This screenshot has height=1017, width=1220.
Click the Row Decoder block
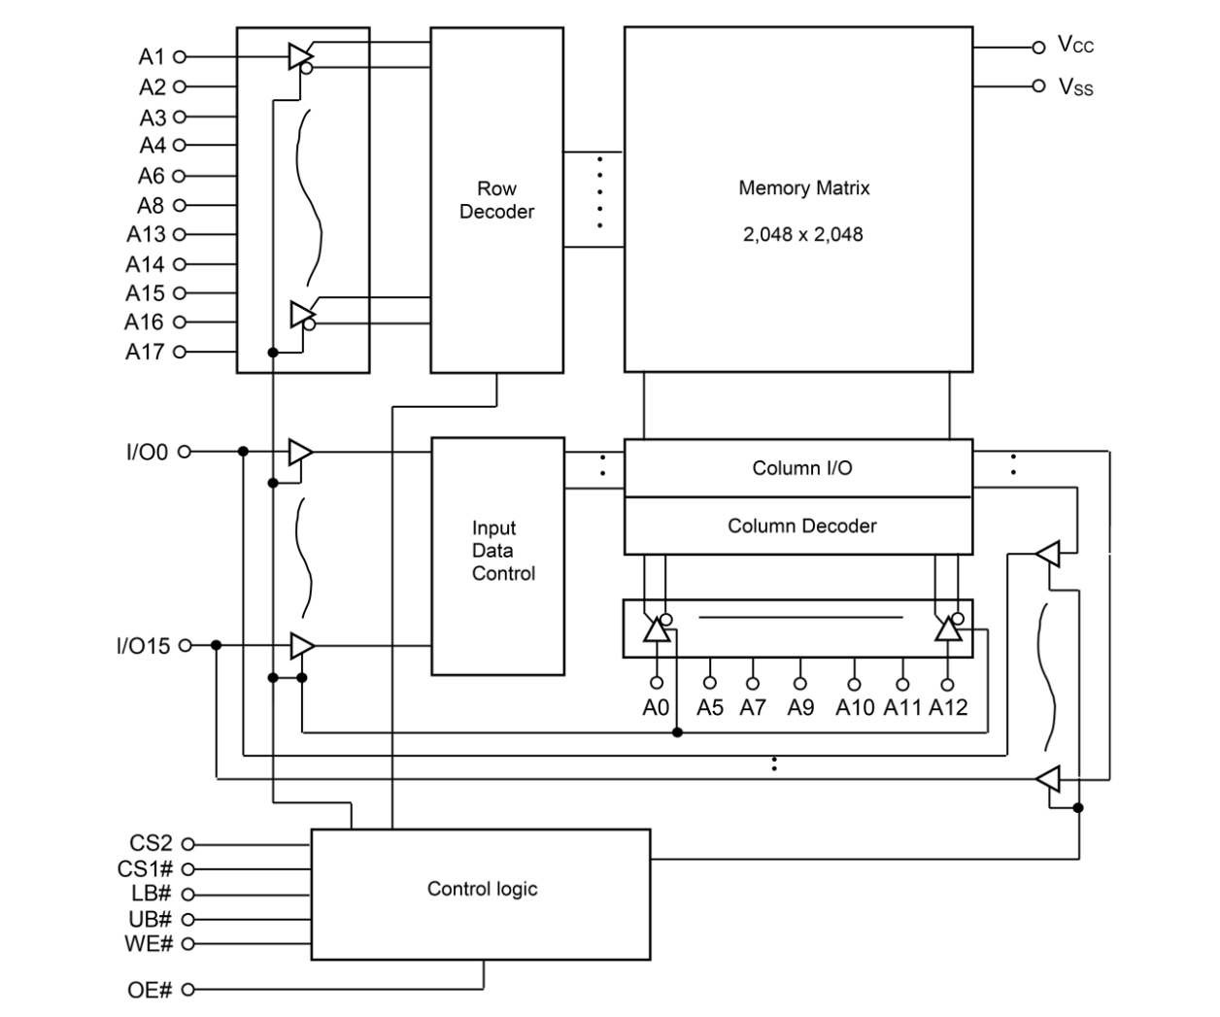tap(496, 200)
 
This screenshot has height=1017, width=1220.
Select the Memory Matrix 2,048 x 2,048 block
tap(797, 199)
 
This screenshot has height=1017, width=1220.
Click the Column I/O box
tap(797, 468)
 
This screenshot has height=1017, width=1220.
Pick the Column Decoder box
tap(797, 525)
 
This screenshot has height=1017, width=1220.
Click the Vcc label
tap(1075, 45)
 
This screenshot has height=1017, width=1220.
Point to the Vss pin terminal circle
tap(1038, 86)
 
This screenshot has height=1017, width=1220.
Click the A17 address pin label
tap(145, 352)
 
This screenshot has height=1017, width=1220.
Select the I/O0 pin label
tap(147, 452)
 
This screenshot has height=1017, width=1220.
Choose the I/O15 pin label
tap(143, 646)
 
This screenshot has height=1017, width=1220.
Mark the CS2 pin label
tap(152, 844)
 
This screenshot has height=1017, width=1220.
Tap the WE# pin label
tap(149, 943)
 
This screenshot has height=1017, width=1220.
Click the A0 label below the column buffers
tap(657, 707)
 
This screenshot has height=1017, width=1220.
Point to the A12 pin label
tap(948, 707)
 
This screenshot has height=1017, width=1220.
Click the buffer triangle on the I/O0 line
tap(300, 452)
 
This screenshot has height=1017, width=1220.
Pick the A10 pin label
tap(855, 707)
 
